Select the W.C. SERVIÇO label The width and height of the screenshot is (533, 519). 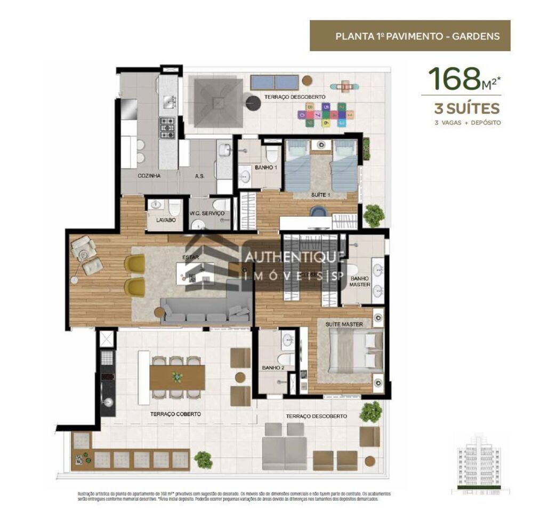[x=207, y=213]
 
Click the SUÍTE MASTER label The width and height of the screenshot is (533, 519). [x=344, y=324]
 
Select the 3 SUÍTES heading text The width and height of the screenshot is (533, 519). [x=467, y=109]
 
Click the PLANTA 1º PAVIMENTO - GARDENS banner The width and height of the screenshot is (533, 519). [x=410, y=36]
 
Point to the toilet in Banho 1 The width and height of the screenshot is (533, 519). [x=272, y=154]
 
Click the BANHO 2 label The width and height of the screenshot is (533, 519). [x=272, y=367]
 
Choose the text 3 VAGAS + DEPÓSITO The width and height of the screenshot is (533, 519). [x=467, y=123]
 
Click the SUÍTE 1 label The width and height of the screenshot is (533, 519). [x=321, y=195]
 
